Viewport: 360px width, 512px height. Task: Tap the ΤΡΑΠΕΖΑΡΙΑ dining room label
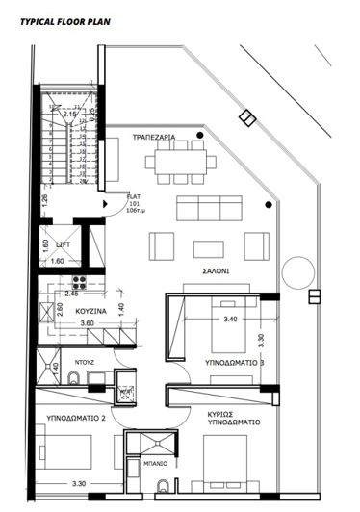[x=154, y=139]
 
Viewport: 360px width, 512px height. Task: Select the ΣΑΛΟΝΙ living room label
[x=216, y=271]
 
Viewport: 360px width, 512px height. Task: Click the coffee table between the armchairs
[x=208, y=246]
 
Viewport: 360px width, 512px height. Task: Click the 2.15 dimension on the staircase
[x=68, y=115]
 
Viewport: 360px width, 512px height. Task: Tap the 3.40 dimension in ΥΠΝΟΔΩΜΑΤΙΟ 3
[x=230, y=319]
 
